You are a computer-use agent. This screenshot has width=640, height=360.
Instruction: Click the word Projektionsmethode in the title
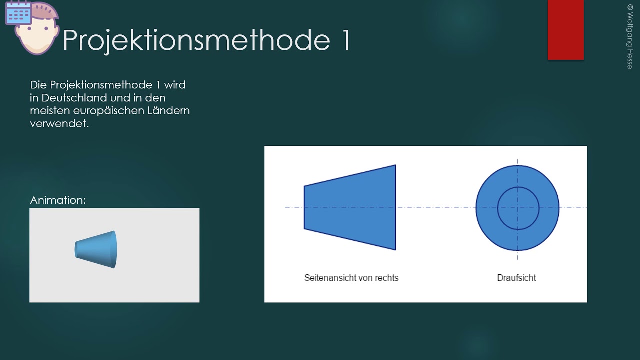195,40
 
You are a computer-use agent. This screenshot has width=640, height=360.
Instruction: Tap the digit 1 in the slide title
346,40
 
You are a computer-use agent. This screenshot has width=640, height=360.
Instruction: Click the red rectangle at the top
565,30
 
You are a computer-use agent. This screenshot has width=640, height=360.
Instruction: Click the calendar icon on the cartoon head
18,13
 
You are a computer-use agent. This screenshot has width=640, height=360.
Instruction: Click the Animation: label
58,200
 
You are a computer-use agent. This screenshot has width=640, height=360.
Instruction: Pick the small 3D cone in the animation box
96,249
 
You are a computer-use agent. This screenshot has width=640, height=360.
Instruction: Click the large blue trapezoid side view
350,207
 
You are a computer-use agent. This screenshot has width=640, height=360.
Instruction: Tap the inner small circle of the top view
518,207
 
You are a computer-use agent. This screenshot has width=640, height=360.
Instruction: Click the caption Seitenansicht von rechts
351,278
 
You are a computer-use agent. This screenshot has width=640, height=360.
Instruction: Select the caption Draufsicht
516,278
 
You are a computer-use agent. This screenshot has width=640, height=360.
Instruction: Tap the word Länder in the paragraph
168,110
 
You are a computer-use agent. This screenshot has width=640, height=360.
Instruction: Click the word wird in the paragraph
175,85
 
